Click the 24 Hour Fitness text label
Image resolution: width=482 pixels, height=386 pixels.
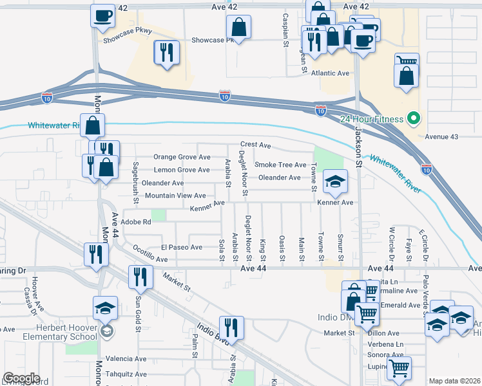click(372, 119)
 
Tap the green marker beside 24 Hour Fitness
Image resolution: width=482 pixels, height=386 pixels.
click(413, 119)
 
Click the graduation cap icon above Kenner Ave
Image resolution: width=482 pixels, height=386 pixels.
click(335, 182)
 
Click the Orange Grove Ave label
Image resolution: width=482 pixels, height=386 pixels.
click(182, 157)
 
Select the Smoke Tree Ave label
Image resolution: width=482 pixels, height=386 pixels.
click(280, 165)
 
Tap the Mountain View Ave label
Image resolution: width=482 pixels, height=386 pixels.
click(175, 196)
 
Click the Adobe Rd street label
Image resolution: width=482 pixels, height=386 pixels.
click(136, 222)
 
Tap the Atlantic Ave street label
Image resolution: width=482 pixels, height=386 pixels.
click(330, 73)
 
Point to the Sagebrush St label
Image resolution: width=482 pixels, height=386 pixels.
click(136, 183)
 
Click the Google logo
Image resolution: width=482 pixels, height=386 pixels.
click(21, 378)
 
